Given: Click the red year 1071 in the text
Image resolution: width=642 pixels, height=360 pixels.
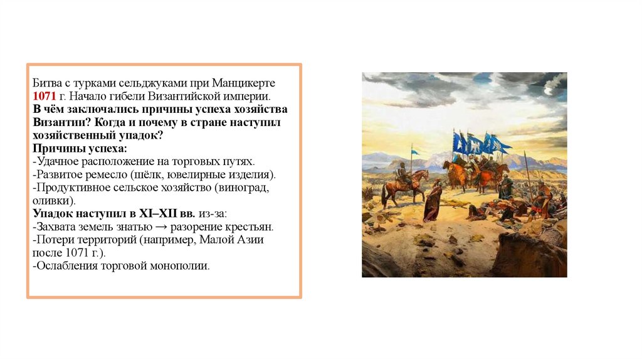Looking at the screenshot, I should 45,97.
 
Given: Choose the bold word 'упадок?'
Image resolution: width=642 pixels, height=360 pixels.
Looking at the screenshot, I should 145,135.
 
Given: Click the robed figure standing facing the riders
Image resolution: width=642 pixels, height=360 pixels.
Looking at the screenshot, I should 433,201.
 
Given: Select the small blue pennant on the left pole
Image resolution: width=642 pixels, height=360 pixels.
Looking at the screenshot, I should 415,152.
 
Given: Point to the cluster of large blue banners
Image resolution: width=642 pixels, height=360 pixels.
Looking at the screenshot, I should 480,144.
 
